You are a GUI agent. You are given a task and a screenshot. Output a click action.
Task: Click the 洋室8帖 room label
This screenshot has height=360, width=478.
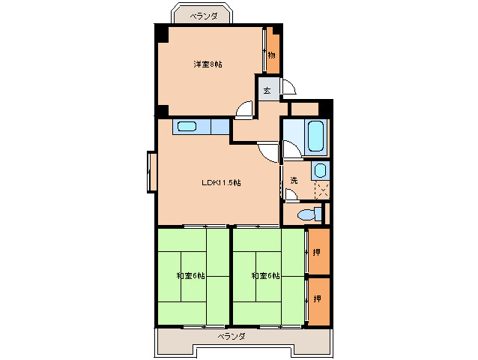tap(208, 64)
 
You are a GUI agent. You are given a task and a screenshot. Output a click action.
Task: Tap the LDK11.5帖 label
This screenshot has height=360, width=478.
tap(221, 182)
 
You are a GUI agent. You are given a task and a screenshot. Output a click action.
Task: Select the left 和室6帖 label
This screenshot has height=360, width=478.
tap(190, 276)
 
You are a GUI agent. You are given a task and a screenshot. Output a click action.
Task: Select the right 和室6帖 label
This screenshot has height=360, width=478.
tap(265, 276)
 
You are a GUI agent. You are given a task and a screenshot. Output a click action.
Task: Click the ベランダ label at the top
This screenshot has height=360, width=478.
tap(204, 16)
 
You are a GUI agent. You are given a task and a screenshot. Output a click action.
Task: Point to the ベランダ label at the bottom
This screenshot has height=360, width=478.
tap(232, 336)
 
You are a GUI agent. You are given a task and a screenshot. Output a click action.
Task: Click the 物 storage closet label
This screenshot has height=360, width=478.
tap(272, 55)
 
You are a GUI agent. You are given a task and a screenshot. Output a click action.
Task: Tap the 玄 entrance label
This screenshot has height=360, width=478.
tap(267, 90)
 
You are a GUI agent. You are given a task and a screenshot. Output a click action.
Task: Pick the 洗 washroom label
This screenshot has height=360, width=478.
tap(294, 180)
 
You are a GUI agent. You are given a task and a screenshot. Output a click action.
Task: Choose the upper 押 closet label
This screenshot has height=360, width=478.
tap(317, 252)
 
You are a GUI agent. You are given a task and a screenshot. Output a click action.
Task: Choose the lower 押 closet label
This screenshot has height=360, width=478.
tap(318, 298)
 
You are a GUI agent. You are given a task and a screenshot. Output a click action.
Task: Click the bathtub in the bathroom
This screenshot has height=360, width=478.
tap(315, 136)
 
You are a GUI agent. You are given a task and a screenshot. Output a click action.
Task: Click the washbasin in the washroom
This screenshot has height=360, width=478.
tap(320, 170)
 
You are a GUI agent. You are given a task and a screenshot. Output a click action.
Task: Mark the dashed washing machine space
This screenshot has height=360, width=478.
tap(322, 190)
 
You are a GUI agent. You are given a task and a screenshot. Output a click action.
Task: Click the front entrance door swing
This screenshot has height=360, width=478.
tap(289, 87)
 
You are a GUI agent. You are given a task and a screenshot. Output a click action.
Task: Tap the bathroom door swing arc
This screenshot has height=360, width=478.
tap(291, 149)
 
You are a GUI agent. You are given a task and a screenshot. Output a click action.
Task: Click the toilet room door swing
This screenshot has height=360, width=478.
tap(291, 194)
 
